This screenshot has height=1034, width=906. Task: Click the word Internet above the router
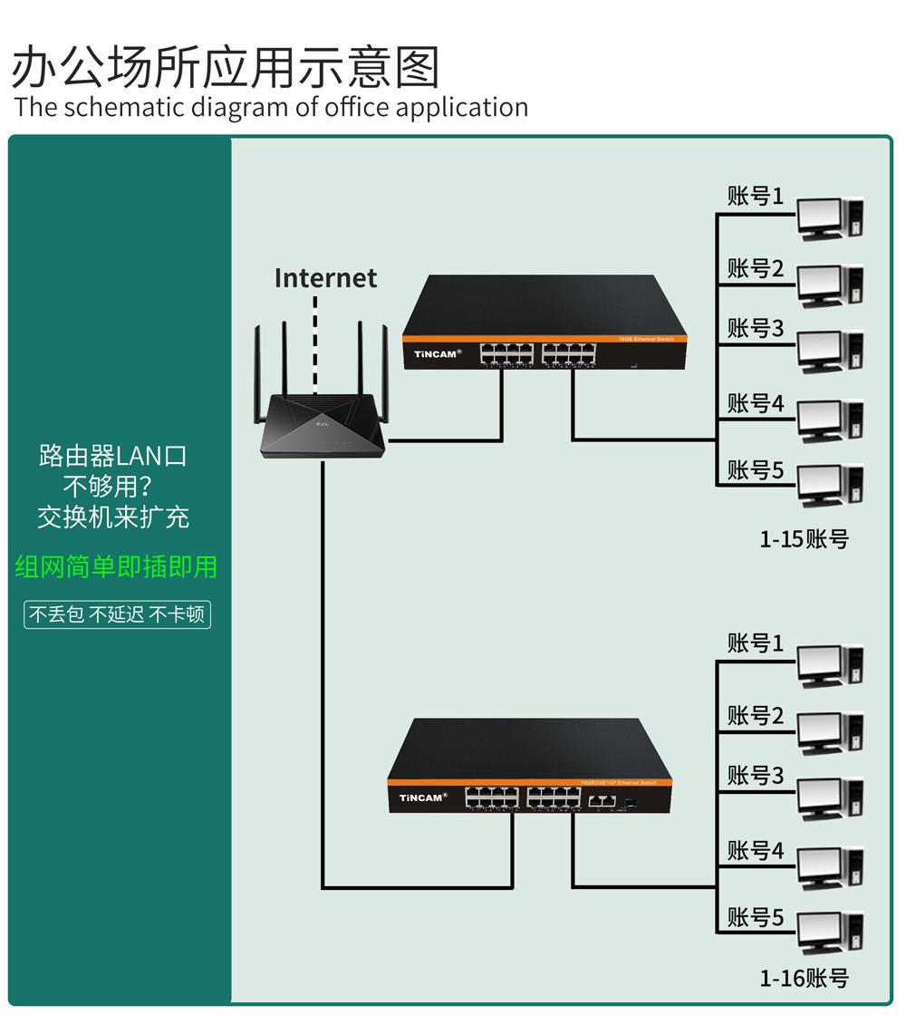325,277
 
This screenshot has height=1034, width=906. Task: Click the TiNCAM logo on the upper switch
438,354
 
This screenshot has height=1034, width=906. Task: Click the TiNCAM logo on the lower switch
423,797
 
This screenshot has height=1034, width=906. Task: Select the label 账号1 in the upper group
755,196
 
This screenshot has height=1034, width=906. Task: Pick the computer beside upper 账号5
830,486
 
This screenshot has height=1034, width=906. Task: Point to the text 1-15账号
804,539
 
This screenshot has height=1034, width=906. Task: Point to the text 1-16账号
804,979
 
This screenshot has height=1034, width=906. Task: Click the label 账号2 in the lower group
755,717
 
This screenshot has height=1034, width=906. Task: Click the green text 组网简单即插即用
116,567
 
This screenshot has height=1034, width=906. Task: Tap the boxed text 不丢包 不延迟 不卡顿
117,614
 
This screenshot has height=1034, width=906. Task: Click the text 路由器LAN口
113,455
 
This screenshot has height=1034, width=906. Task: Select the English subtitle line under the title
271,107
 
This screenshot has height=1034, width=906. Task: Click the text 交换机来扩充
113,517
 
